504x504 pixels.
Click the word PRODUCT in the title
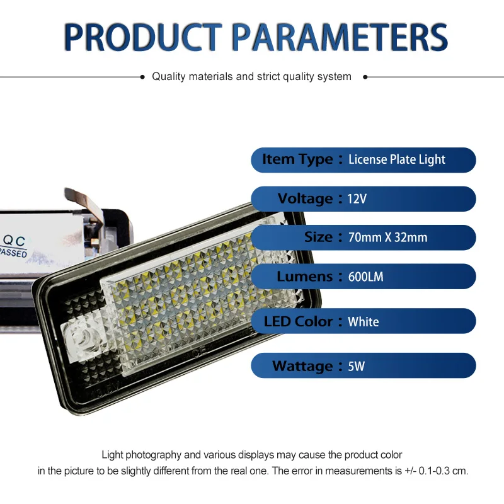point(143,37)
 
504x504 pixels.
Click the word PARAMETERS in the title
point(340,37)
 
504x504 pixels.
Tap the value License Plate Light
point(397,160)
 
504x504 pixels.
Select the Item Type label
point(297,159)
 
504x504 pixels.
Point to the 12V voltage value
point(357,199)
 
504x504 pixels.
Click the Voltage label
point(305,198)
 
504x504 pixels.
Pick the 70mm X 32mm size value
point(387,238)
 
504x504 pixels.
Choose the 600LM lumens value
point(366,277)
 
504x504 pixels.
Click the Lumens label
point(304,277)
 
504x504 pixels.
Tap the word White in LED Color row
point(364,322)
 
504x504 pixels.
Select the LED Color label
point(298,321)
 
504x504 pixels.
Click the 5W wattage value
point(356,367)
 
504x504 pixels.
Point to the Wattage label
point(302,366)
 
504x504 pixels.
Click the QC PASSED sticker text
point(13,246)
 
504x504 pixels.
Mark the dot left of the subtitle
point(142,77)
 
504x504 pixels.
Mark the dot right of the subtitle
point(365,77)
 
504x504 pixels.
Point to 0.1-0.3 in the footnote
point(433,471)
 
